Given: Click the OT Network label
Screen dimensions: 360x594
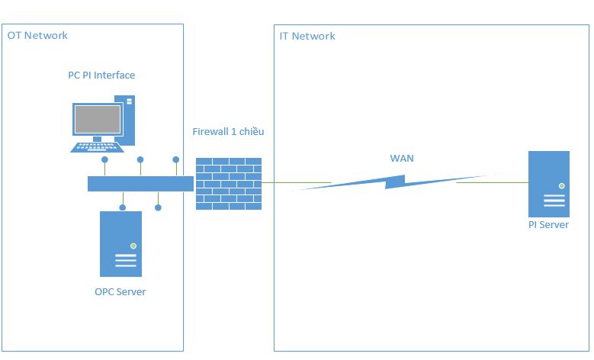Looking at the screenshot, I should click(x=37, y=35).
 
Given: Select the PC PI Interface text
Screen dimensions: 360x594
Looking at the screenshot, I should click(x=101, y=75).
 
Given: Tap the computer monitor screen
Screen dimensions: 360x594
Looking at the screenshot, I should click(x=97, y=120).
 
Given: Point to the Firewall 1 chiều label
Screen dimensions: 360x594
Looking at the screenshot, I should click(x=228, y=131).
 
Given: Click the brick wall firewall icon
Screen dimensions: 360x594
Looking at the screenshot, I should click(x=229, y=183).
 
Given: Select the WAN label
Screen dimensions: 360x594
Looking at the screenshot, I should click(x=401, y=159).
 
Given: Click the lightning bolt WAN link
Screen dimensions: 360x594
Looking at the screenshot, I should click(x=393, y=182).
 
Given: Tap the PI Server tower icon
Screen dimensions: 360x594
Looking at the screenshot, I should click(x=549, y=184).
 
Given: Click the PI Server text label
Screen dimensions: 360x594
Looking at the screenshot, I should click(x=548, y=225).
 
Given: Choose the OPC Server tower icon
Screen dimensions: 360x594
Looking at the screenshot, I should click(x=120, y=243).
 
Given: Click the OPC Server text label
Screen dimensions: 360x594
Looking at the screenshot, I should click(x=120, y=291).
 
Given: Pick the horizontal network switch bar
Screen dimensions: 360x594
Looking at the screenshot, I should click(x=140, y=183).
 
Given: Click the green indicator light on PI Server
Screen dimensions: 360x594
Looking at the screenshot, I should click(x=561, y=185).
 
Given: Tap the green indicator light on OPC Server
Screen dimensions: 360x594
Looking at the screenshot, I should click(x=133, y=245).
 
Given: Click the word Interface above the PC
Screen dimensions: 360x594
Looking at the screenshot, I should click(x=114, y=75).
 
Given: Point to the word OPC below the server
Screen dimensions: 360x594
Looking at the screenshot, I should click(x=104, y=291).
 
